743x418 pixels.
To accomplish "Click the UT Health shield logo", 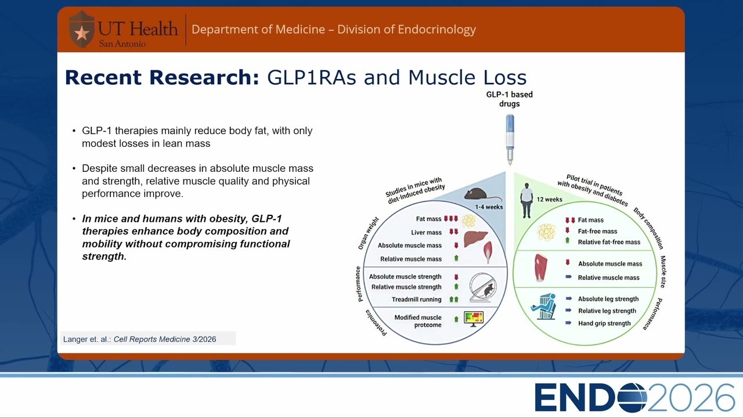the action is (x=82, y=29).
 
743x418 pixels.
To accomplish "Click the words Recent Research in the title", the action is (x=162, y=77).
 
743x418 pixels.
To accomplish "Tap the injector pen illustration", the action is (x=510, y=139).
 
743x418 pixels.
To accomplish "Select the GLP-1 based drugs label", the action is (x=510, y=99).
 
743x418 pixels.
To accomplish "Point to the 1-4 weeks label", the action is (x=489, y=207).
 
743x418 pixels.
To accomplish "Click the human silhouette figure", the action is (x=526, y=200).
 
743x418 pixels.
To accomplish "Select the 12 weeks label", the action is (x=549, y=199).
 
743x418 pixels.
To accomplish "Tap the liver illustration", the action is (x=475, y=239).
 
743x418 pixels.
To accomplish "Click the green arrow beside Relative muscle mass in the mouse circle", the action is (x=456, y=258).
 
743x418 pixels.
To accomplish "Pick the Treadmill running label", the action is (x=416, y=300).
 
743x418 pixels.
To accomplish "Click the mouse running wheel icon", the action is (x=483, y=287).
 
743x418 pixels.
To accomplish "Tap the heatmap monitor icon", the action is (x=474, y=319).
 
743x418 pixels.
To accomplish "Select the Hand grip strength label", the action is (x=604, y=323).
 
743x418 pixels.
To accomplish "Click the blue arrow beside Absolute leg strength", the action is (x=568, y=298).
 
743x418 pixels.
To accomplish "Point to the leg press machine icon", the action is (x=544, y=307).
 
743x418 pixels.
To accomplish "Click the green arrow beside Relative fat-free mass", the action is (x=567, y=240).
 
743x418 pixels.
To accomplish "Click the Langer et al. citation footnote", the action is (x=140, y=340).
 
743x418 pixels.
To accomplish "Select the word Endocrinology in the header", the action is (x=437, y=30).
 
